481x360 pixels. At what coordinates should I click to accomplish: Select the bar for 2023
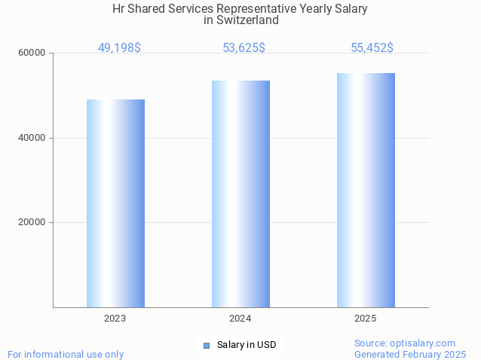115,203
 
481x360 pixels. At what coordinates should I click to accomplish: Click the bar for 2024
240,194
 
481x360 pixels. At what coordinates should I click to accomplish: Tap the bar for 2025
366,190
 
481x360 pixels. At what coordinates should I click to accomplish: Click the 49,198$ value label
119,48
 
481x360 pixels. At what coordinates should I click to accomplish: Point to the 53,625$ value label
244,48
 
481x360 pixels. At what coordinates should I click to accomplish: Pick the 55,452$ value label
372,48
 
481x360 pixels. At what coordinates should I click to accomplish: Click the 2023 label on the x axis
115,319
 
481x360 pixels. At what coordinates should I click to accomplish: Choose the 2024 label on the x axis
240,319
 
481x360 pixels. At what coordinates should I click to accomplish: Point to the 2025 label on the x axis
366,319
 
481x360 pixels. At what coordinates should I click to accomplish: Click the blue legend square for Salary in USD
206,346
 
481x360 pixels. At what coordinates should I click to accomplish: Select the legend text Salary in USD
247,346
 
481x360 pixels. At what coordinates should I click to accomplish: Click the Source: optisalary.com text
405,343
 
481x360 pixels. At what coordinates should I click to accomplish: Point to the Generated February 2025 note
410,354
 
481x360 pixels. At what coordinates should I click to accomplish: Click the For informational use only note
66,354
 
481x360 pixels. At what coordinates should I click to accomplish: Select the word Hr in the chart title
118,9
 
